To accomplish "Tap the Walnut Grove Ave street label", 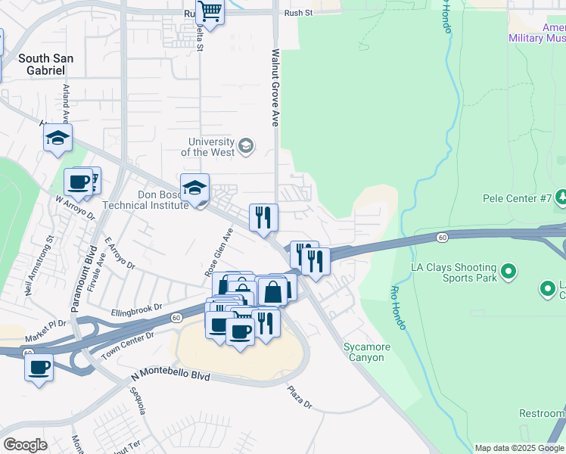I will coord(275,88).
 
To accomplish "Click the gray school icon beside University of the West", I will coord(246,145).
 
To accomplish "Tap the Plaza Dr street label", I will coord(299,396).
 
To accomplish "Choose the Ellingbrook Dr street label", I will coord(137,309).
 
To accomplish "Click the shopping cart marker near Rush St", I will coord(210,12).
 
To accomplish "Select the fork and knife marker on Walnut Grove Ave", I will coord(263,217).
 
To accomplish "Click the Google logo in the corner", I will coord(25,445).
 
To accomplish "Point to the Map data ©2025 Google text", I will coord(519,448).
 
